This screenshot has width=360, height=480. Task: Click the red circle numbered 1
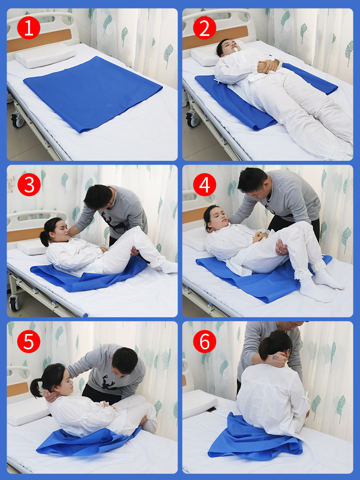(29, 28)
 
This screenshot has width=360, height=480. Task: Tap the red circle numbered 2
(204, 28)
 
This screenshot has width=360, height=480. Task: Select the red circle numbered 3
(29, 185)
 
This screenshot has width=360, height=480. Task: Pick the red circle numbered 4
(204, 185)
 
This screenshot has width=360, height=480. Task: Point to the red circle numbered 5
(29, 341)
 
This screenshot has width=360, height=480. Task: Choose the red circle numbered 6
(204, 341)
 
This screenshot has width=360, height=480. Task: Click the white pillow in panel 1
(45, 56)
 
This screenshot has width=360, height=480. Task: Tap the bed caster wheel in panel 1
(18, 120)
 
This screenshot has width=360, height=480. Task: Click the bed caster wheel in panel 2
(193, 120)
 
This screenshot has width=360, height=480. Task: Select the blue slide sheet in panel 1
(93, 94)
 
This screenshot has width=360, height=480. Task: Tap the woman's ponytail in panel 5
(36, 387)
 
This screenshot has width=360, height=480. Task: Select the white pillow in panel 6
(199, 403)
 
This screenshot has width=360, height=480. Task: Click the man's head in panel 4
(254, 182)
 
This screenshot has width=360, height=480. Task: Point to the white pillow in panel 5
(27, 411)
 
